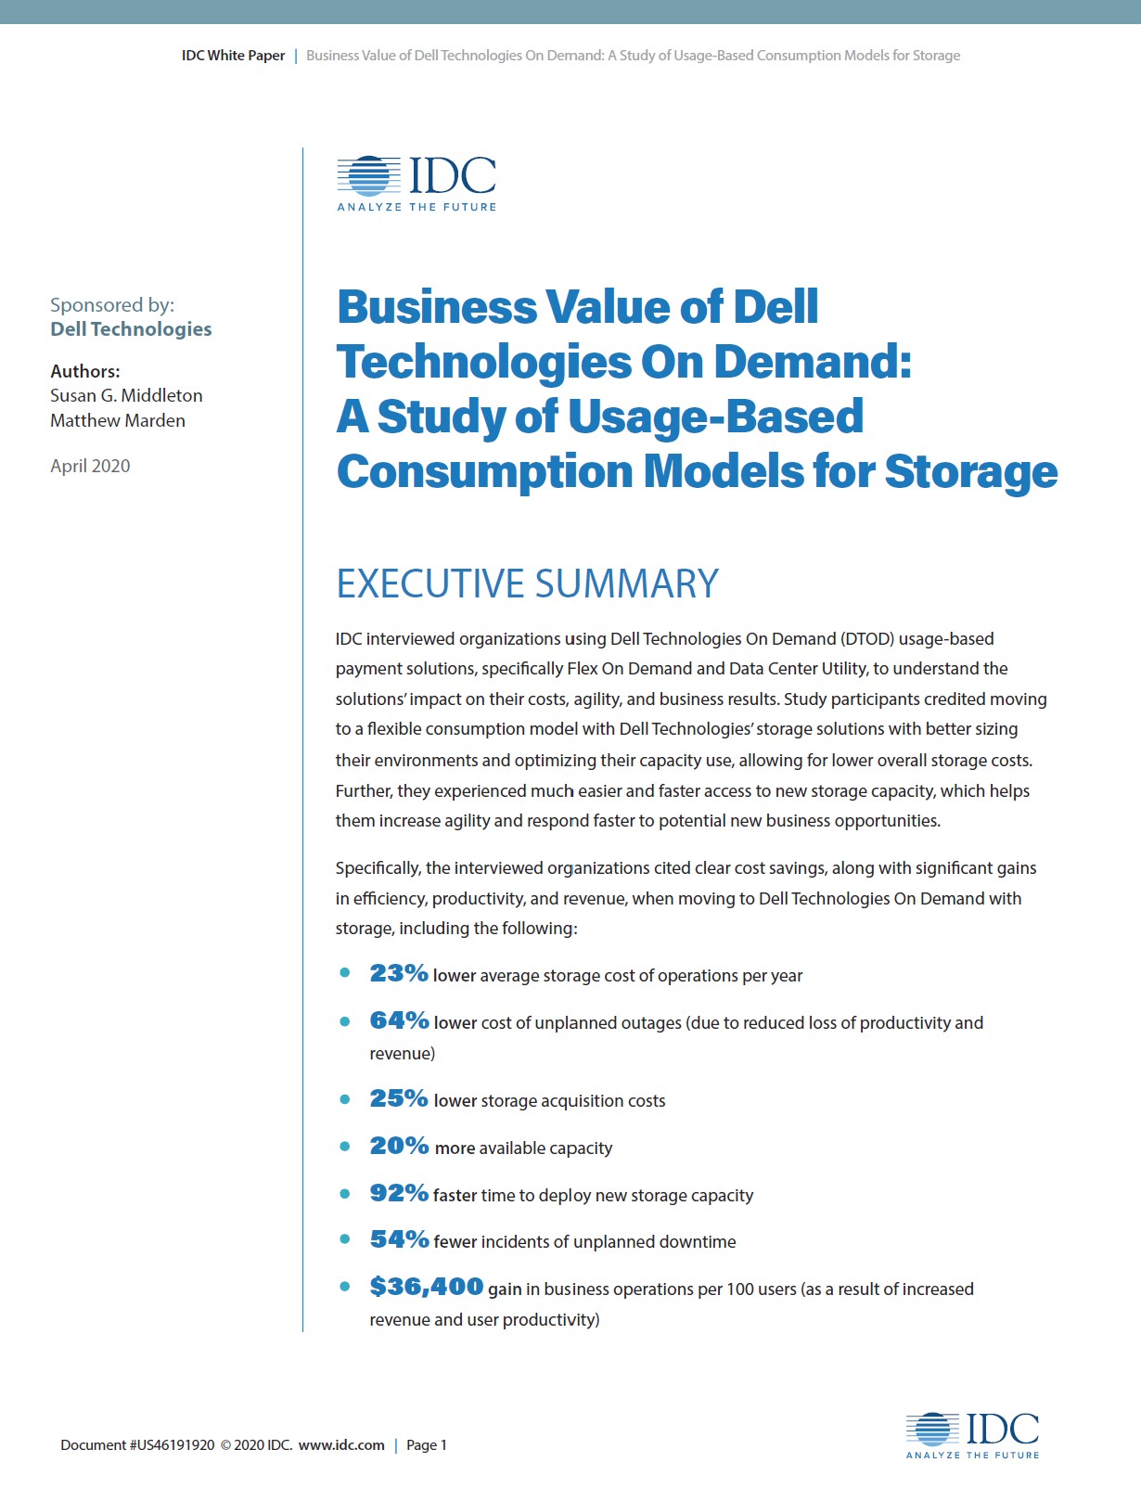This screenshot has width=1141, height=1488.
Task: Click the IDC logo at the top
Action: point(417,183)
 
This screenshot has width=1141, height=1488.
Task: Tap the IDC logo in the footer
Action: point(972,1435)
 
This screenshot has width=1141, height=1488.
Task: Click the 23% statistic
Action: point(398,973)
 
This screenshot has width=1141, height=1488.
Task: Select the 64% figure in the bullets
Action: point(399,1020)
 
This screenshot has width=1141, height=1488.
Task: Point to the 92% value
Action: point(399,1193)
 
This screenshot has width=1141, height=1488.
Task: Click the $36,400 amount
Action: point(426,1287)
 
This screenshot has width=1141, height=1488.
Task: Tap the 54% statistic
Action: point(399,1239)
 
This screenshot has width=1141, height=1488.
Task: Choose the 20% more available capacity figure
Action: point(399,1146)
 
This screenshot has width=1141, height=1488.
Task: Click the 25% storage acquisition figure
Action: point(399,1098)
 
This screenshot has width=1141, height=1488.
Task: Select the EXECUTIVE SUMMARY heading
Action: point(527,584)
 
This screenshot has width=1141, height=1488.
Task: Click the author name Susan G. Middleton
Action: point(126,395)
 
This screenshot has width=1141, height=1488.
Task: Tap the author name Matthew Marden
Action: point(118,420)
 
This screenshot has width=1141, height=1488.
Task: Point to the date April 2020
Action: point(90,466)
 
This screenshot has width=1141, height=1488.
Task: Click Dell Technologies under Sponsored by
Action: point(131,329)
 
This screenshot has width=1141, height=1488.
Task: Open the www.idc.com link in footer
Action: point(341,1444)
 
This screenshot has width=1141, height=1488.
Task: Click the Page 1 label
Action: point(427,1444)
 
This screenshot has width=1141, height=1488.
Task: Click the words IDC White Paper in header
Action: point(233,56)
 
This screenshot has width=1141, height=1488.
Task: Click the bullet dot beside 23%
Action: point(345,973)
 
